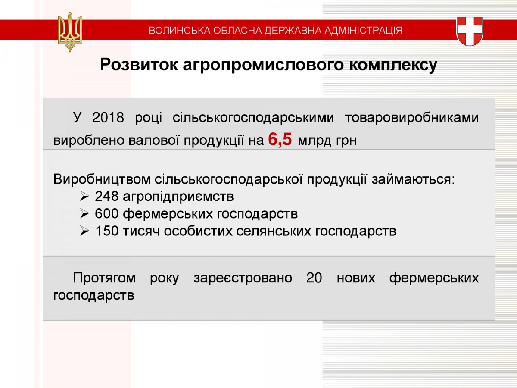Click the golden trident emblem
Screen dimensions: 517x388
[x=70, y=32]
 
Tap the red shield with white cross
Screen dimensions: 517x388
[x=470, y=31]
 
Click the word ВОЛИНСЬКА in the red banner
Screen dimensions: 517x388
[x=180, y=31]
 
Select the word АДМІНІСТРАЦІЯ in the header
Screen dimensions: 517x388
[x=364, y=31]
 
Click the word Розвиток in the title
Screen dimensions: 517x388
[x=139, y=64]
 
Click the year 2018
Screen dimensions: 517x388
[x=108, y=117]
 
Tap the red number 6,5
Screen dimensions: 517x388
[x=280, y=139]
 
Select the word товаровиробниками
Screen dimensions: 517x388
[x=412, y=118]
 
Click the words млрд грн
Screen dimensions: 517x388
[x=327, y=141]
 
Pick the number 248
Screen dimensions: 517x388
[x=106, y=196]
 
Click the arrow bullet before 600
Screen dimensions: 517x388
[x=84, y=214]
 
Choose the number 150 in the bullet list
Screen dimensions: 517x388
[x=107, y=231]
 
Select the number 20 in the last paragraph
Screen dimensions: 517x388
[x=314, y=278]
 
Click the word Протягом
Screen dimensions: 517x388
[x=104, y=278]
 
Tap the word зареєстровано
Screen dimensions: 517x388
[x=243, y=278]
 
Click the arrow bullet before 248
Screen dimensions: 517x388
[x=84, y=196]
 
